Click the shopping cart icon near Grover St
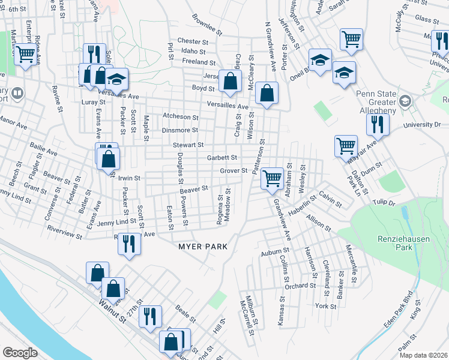[273, 178]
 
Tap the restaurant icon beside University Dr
[378, 125]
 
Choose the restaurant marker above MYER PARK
[129, 244]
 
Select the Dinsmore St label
[179, 130]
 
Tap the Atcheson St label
[180, 117]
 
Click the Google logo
[20, 353]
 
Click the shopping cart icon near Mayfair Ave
[346, 146]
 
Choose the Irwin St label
[129, 178]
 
